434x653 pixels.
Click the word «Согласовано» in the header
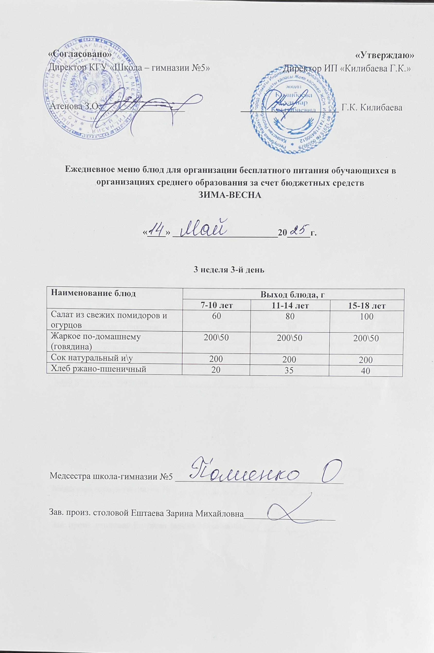tap(80, 55)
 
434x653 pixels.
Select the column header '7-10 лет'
tap(217, 306)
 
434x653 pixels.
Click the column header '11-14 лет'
tap(290, 306)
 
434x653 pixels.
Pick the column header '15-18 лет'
tap(366, 306)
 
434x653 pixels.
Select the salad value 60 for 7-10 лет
tap(217, 316)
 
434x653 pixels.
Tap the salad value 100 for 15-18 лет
tap(366, 317)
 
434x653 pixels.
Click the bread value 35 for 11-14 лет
tap(290, 370)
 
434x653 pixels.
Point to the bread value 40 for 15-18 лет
tap(366, 371)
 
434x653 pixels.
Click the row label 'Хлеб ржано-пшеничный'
tap(98, 369)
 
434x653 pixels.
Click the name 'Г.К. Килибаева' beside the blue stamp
tap(372, 108)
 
